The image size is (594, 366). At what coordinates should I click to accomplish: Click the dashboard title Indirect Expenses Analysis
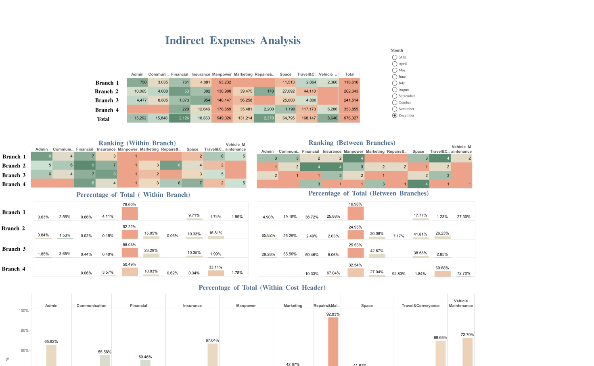coord(233,41)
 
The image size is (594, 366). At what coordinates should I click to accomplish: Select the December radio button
coord(395,115)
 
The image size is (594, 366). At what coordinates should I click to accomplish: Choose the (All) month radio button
coord(395,57)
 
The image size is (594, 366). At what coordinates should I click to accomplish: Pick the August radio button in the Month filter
coord(395,89)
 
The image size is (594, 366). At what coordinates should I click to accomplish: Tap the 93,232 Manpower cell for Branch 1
coord(225,82)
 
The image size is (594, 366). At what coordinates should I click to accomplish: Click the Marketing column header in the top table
coord(243,74)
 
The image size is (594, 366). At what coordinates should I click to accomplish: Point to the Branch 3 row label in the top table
coord(107,100)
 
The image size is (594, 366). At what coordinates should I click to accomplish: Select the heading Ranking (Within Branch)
coord(137,143)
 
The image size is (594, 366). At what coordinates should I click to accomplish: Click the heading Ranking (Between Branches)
coord(352,143)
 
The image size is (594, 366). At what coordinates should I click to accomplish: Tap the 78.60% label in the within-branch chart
coord(129,204)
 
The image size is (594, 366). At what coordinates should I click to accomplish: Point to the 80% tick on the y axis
coord(24,331)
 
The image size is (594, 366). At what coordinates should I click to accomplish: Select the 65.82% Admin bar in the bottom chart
coord(51,355)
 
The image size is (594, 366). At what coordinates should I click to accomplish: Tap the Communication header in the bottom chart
coord(92,306)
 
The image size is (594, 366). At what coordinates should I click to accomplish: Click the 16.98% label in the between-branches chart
coord(355,204)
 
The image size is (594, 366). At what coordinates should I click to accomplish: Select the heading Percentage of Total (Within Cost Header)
coord(262,288)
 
